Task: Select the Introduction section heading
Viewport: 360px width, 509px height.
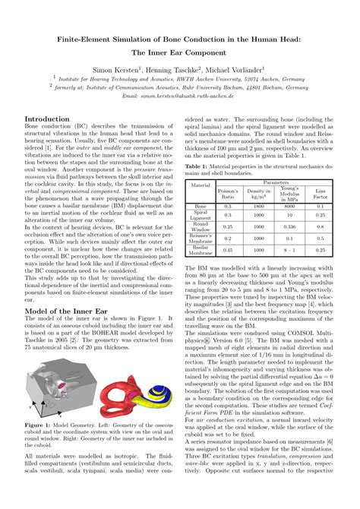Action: [x=53, y=119]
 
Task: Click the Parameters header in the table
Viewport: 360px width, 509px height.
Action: [x=276, y=182]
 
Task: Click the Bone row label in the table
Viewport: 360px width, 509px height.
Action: [x=201, y=206]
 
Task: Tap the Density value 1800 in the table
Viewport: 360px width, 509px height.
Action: [x=258, y=206]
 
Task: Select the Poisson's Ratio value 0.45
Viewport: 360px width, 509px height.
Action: [x=227, y=250]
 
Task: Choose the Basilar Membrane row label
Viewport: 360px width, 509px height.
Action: [x=201, y=250]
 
